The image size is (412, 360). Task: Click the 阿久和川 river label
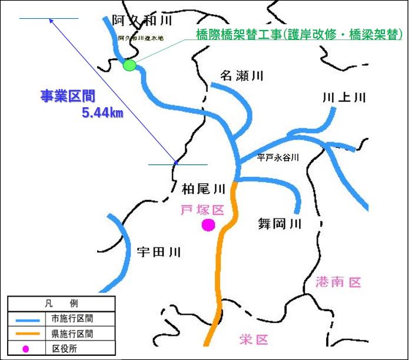pos(142,21)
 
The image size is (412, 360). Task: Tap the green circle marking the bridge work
pos(129,65)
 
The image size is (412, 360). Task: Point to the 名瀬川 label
pos(242,76)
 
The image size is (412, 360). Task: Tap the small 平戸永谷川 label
pos(278,157)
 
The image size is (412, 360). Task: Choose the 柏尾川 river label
pos(204,189)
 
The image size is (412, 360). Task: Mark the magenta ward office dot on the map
pos(208,224)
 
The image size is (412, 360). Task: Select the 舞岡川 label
pos(280,223)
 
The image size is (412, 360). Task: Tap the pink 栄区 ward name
pos(254,339)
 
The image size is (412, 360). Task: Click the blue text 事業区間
pos(68,96)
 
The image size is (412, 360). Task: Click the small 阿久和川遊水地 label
pos(142,38)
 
